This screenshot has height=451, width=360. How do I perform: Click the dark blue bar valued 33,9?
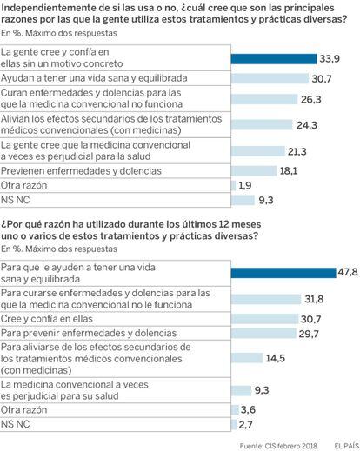click(274, 59)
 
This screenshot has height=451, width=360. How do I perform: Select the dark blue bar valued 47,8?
click(283, 273)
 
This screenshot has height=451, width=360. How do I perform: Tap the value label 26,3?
click(311, 100)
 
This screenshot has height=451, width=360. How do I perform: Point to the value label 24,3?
click(307, 125)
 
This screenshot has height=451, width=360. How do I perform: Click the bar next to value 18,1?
click(254, 170)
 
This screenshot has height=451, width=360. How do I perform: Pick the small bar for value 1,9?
click(234, 185)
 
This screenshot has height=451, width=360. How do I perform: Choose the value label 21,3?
click(297, 151)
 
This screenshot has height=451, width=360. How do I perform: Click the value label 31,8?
click(314, 299)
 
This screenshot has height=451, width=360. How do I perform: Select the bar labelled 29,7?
click(263, 334)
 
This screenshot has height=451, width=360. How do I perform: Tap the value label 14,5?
click(276, 358)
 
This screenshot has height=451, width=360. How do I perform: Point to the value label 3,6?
click(248, 410)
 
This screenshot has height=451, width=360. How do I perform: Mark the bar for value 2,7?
click(234, 425)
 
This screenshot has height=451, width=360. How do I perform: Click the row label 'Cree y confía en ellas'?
click(47, 319)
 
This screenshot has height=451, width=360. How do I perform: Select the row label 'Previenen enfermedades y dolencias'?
click(81, 171)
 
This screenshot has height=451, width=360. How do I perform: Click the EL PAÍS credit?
click(347, 446)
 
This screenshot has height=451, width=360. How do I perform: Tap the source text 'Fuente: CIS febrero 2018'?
click(279, 446)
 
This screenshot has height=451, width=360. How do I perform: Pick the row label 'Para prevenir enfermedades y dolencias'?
click(89, 333)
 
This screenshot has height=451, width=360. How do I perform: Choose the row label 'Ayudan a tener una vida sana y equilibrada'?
click(94, 78)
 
